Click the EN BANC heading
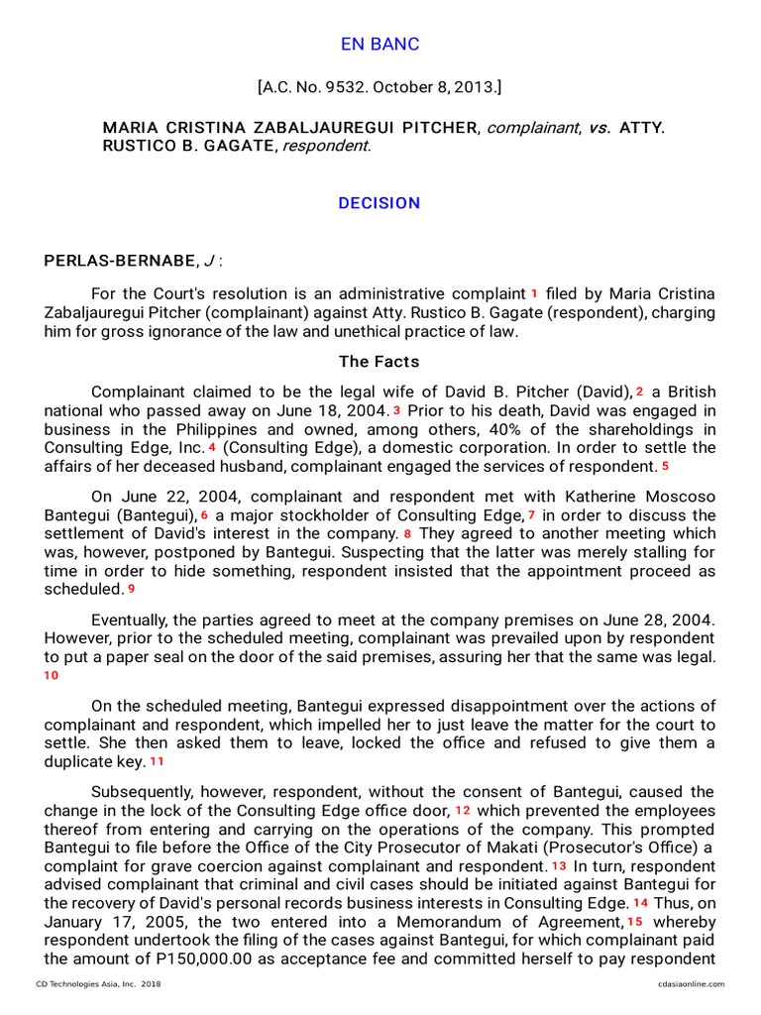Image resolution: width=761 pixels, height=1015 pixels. point(380,45)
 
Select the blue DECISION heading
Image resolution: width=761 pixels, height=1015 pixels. point(380,203)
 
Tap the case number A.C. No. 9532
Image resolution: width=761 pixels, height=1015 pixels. point(313,88)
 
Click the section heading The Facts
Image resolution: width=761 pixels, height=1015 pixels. point(380,362)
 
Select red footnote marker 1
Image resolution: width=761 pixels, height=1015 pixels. point(534,293)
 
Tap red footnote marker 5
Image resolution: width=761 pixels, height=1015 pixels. point(665,466)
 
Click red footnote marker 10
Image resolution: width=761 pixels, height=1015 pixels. point(52,675)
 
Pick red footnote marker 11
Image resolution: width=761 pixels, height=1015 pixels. point(157,761)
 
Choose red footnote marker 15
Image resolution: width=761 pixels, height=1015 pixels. point(635,922)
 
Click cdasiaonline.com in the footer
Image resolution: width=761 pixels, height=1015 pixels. point(691,984)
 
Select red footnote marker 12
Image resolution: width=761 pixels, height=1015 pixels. point(463,810)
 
